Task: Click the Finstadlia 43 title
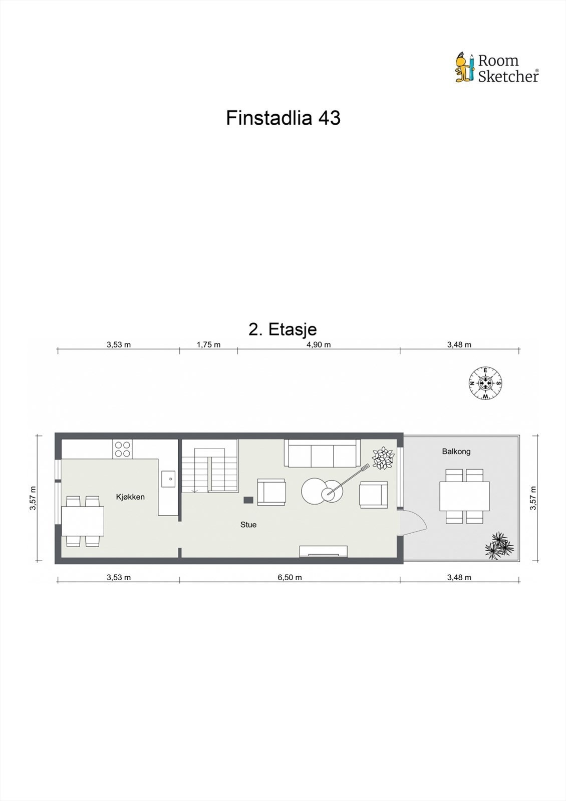(x=283, y=118)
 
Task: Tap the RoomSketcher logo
(x=496, y=68)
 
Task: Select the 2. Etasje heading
(x=282, y=329)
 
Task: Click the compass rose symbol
(x=485, y=384)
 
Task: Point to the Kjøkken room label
(x=130, y=497)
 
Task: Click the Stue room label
(x=248, y=525)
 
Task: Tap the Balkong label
(x=456, y=452)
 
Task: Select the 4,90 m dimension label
(x=319, y=344)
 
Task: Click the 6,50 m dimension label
(x=290, y=577)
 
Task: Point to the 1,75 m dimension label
(x=208, y=344)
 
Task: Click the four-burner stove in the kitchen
(x=123, y=449)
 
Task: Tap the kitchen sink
(x=168, y=479)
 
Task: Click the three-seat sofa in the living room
(x=322, y=453)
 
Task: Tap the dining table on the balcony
(x=464, y=496)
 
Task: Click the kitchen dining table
(x=83, y=521)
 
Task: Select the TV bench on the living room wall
(x=323, y=551)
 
